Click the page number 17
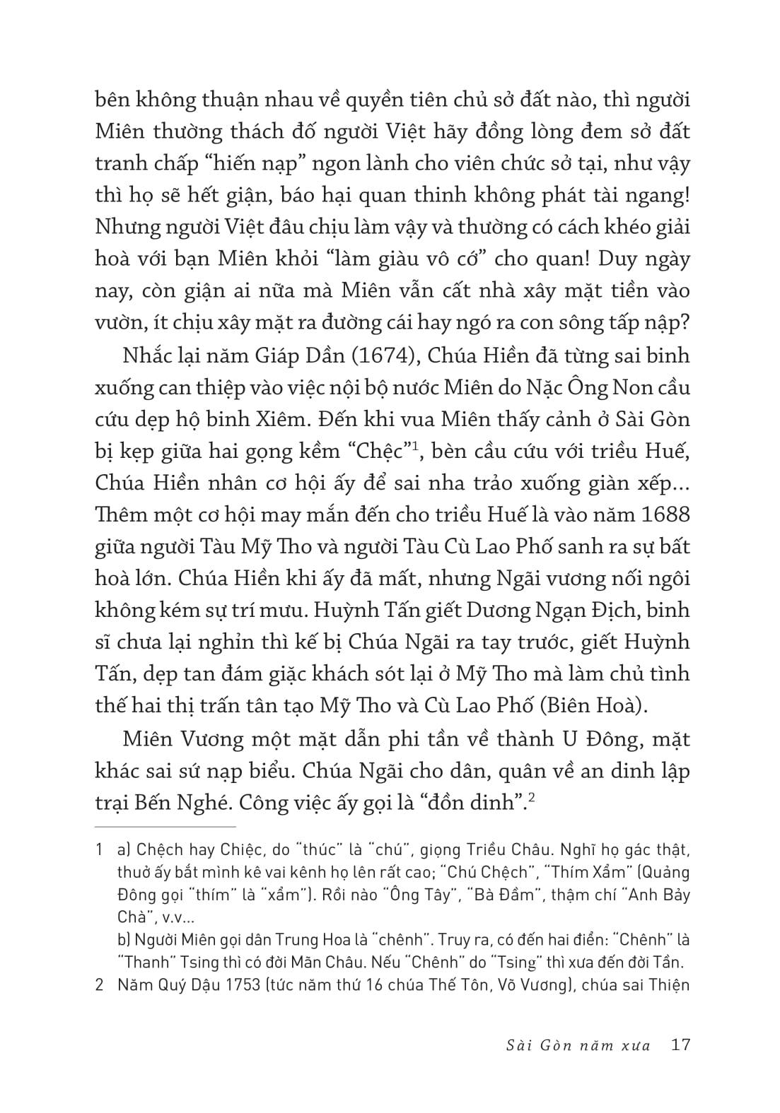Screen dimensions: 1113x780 (680, 1044)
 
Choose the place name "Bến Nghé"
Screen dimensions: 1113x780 (173, 803)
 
